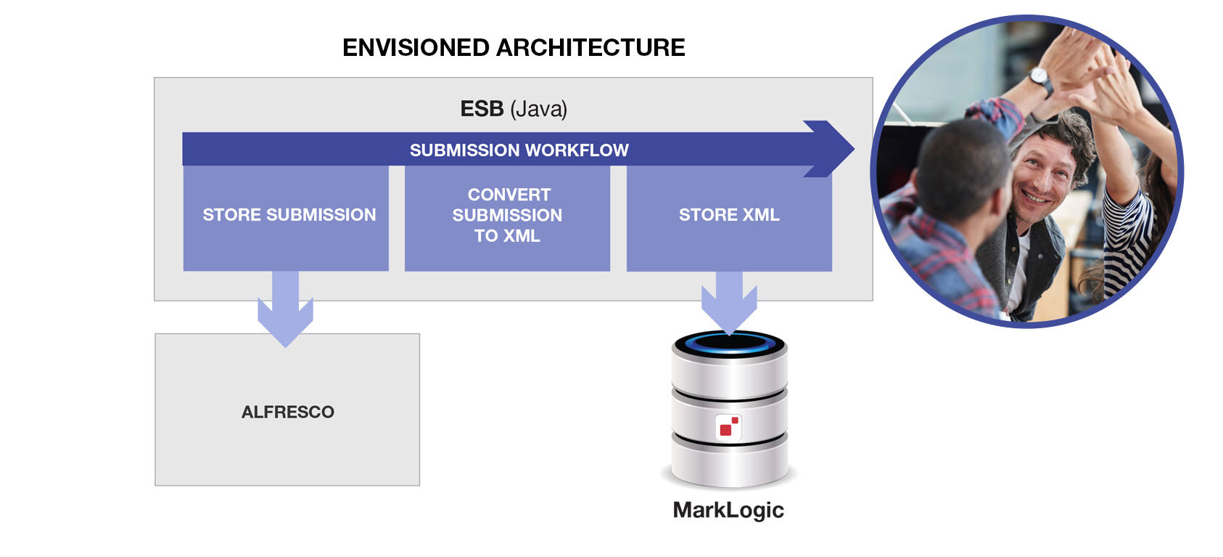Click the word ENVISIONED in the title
point(416,48)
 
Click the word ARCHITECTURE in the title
point(591,48)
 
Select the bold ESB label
point(482,109)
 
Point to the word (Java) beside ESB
point(539,109)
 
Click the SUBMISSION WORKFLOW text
point(519,150)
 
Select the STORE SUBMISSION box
point(286,218)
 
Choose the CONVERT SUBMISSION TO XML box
point(507,218)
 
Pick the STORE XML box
point(729,218)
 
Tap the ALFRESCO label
point(287,412)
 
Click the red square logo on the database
point(728,427)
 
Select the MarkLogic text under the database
point(728,510)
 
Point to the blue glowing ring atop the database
point(728,342)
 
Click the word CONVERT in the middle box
point(509,195)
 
